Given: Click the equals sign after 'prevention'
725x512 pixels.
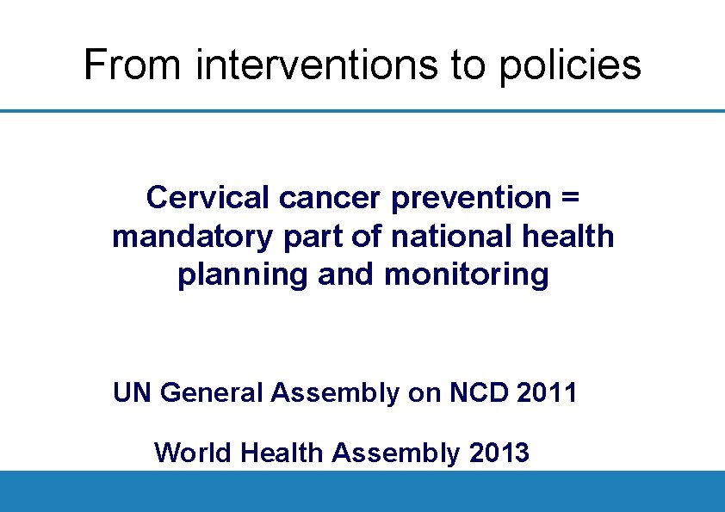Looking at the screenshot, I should tap(569, 198).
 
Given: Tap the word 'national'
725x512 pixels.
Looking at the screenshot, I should tap(446, 236).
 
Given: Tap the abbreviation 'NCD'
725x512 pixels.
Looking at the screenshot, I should tap(480, 393).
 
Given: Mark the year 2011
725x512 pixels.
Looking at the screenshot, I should tap(548, 393).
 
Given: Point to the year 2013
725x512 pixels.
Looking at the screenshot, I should tap(500, 452).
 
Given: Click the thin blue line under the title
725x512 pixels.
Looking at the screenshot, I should tap(362, 110).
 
